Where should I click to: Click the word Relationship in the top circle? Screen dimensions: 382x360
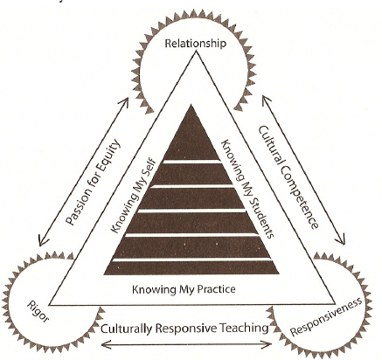195,44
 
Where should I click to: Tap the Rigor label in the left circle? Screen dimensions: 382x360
38,312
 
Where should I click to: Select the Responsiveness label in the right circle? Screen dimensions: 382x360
326,317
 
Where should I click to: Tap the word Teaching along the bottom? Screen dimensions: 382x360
244,328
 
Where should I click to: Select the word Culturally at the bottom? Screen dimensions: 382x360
127,329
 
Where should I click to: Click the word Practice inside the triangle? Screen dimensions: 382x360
216,289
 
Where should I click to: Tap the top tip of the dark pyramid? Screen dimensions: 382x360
191,105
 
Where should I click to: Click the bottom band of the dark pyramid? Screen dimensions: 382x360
191,268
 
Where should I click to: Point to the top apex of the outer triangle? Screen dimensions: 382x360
197,51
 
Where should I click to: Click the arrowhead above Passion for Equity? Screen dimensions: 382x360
125,102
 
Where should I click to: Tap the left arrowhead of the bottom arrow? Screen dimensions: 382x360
105,345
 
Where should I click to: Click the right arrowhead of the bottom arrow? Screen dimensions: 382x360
267,345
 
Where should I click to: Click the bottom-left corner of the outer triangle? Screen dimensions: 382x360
50,305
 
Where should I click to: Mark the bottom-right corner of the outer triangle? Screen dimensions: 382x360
335,305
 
